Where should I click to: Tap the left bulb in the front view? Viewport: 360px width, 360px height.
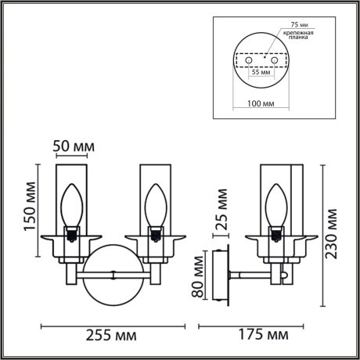73,205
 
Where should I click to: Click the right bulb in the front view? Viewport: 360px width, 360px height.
153,205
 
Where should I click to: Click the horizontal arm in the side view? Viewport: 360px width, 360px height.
250,275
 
